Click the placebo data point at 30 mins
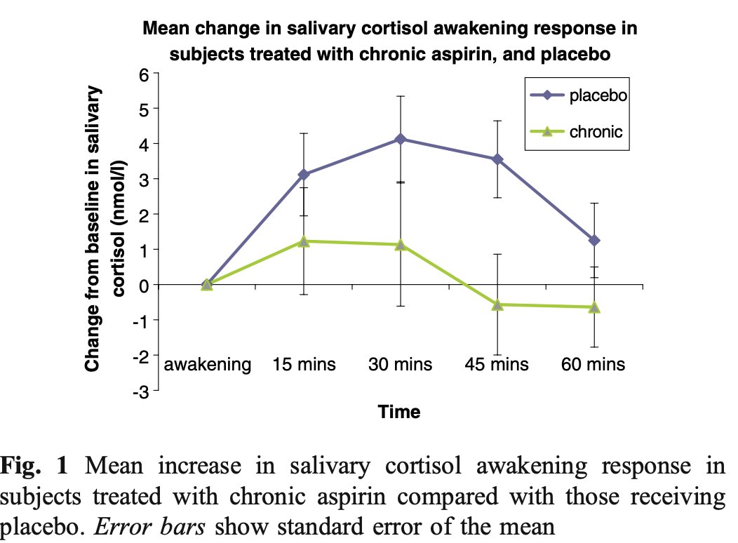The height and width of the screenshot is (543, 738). tap(401, 139)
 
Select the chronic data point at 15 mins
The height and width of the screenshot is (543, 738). tap(304, 241)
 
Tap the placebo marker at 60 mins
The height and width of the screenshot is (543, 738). tap(594, 241)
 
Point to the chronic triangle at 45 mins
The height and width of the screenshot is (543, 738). tap(497, 304)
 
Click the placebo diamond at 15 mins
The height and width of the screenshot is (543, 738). tap(304, 174)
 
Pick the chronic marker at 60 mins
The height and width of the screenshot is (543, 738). tap(594, 307)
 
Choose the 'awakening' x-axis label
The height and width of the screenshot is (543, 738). tap(208, 365)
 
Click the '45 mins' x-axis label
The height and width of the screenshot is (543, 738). tap(497, 365)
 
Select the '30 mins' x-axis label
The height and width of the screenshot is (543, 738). tap(401, 365)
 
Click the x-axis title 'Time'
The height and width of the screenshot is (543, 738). tap(400, 412)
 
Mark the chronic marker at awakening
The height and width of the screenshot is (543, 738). tap(207, 284)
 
